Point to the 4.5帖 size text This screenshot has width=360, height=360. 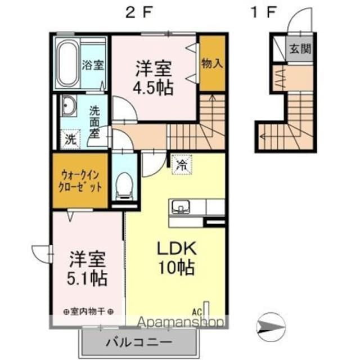153,88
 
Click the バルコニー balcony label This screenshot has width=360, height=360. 138,342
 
